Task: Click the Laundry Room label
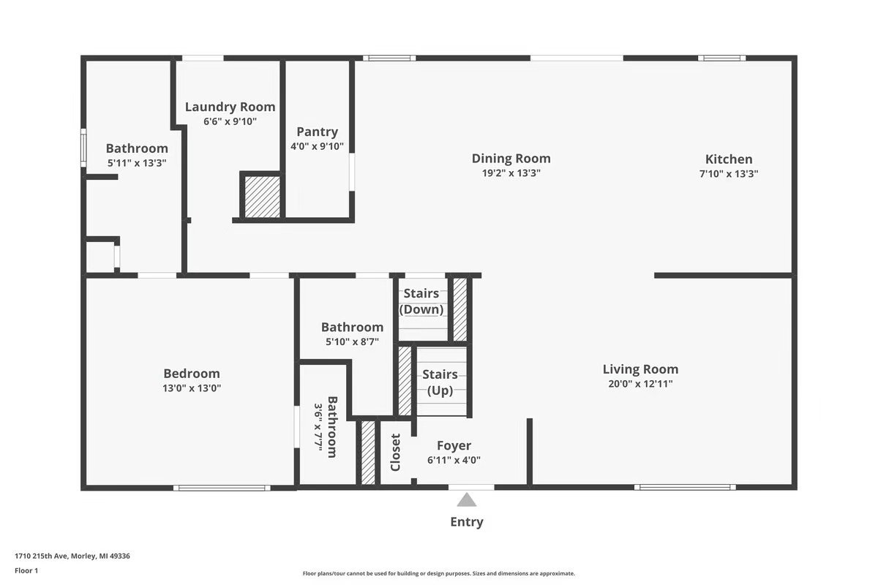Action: (x=230, y=107)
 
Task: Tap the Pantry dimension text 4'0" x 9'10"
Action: (x=317, y=146)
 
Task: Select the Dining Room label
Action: (x=511, y=158)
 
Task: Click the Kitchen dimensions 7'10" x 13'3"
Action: (x=729, y=173)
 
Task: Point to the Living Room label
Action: (x=640, y=369)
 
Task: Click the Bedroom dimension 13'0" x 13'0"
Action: (x=192, y=388)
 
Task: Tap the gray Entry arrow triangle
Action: (x=467, y=500)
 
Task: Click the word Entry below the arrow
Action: (x=467, y=522)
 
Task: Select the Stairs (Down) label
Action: (x=421, y=301)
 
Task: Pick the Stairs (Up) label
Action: (x=440, y=382)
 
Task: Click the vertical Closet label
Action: (x=395, y=452)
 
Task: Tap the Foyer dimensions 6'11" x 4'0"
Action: (x=454, y=460)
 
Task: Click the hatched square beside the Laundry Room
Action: (x=262, y=197)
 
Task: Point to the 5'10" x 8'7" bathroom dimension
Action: (x=352, y=341)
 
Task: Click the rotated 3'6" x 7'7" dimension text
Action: (x=318, y=427)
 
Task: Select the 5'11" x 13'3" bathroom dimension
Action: (x=137, y=162)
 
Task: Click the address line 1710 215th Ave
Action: (x=72, y=556)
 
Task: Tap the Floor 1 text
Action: (x=26, y=570)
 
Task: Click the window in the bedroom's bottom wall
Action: (x=222, y=488)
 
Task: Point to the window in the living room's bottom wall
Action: (x=685, y=488)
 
